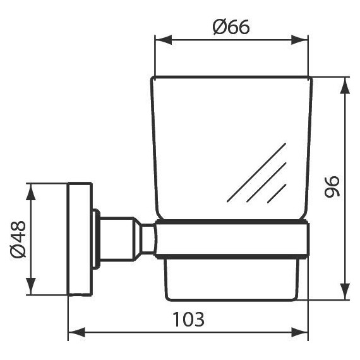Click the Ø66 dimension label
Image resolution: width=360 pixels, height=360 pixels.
pyautogui.click(x=231, y=27)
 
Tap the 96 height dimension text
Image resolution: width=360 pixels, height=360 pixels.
pyautogui.click(x=332, y=186)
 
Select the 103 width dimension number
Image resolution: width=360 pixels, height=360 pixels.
pyautogui.click(x=188, y=320)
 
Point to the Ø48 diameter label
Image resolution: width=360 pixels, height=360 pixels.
pyautogui.click(x=18, y=239)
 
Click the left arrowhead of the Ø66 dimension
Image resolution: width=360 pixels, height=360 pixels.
pyautogui.click(x=164, y=40)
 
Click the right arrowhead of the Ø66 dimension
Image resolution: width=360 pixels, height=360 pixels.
pyautogui.click(x=299, y=40)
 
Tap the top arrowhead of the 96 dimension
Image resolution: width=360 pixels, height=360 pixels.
pyautogui.click(x=345, y=85)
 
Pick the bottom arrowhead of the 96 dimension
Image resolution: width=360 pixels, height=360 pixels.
pyautogui.click(x=345, y=291)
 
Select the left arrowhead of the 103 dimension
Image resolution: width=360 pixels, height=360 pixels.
pyautogui.click(x=76, y=332)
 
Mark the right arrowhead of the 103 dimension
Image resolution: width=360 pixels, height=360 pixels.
pyautogui.click(x=299, y=332)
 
